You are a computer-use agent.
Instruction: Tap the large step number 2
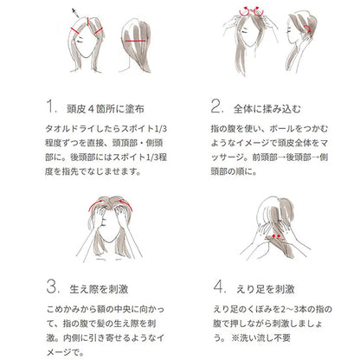217,106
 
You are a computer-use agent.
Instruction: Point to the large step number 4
220,286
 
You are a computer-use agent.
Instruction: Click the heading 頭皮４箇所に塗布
106,109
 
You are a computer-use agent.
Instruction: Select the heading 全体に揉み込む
267,109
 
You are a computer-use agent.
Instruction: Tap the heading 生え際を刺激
99,289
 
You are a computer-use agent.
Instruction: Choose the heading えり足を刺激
266,289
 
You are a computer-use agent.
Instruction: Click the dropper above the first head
76,13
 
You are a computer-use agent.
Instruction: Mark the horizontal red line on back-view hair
135,41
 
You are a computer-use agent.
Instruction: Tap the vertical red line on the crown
87,21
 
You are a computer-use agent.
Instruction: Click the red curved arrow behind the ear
309,29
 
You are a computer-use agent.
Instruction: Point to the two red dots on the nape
276,236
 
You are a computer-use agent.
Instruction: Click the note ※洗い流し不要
260,337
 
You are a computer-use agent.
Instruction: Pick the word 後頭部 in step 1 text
83,157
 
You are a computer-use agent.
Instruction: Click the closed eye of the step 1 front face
79,38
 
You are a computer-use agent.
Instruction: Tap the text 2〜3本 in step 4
289,310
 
